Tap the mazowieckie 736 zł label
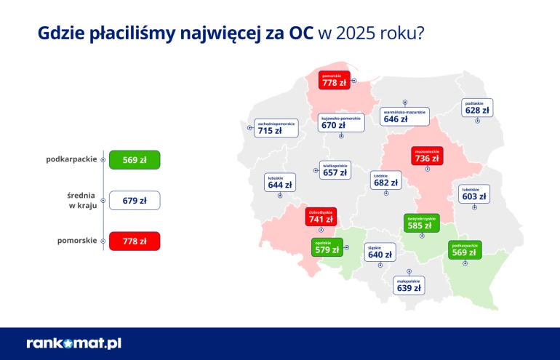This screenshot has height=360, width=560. tap(426, 154)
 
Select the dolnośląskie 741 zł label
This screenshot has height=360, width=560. tap(319, 215)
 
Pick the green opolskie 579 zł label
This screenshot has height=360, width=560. tap(326, 247)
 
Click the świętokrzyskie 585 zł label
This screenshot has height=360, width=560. tap(420, 223)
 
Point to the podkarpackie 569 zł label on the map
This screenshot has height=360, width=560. tap(464, 249)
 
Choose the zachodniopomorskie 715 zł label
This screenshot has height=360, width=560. tap(276, 128)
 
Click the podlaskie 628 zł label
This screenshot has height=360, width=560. tap(476, 107)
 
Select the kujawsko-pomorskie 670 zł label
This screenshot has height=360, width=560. tap(340, 121)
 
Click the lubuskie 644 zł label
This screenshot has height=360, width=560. tap(280, 182)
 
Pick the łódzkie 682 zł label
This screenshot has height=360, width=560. tap(385, 180)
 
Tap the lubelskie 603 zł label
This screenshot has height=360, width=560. tap(474, 193)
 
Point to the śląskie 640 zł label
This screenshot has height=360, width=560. tap(380, 252)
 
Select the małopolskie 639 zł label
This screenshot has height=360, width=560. tap(408, 284)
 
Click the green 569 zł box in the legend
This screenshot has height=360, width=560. tap(134, 160)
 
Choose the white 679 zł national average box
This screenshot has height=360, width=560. tap(134, 200)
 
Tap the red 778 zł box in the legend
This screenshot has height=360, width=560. tap(134, 241)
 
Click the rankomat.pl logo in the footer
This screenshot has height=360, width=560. tap(73, 343)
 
